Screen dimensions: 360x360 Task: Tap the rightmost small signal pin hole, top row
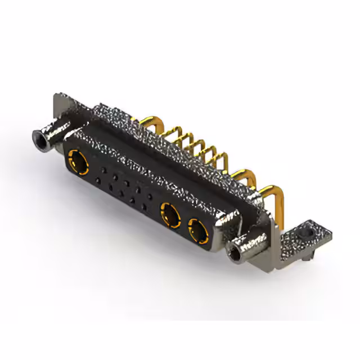(x=150, y=196)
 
